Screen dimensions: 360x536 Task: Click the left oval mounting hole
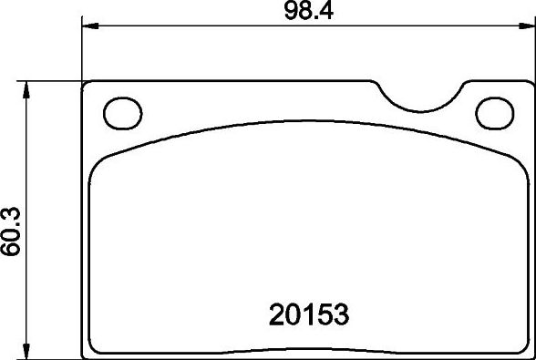tap(121, 113)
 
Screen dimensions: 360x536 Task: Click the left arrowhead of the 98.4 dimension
tap(89, 27)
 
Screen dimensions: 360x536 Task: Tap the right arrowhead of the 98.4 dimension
tap(527, 27)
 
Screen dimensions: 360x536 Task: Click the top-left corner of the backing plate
tap(86, 84)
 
